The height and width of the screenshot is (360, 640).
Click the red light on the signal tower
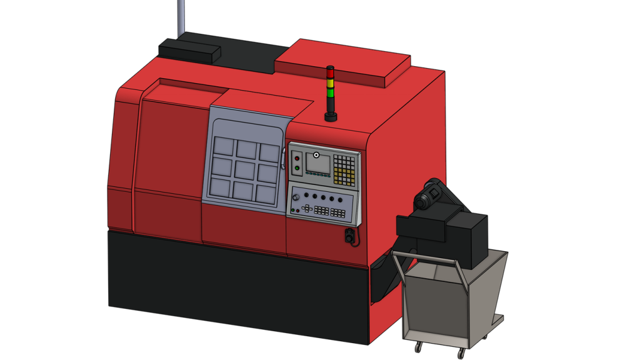pos(330,73)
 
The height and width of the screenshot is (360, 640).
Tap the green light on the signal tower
pos(330,92)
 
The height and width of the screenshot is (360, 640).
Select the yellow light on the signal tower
pos(330,82)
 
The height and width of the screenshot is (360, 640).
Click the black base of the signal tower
pos(331,116)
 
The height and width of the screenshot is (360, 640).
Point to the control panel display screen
pos(317,164)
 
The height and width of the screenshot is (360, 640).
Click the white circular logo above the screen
pos(317,154)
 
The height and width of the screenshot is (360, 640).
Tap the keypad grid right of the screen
pos(344,169)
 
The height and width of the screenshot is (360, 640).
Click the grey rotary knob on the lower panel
pos(298,199)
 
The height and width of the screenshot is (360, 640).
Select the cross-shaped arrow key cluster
pos(306,209)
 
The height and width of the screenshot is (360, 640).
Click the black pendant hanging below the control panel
pos(349,236)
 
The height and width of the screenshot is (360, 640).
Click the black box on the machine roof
pos(189,49)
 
